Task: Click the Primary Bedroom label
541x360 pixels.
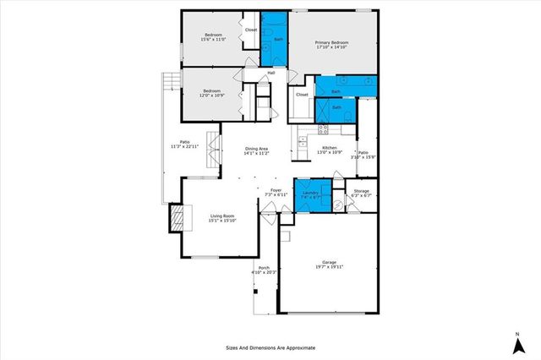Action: click(x=332, y=42)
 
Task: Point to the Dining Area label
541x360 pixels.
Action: click(x=256, y=149)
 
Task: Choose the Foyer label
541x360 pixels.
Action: click(x=276, y=190)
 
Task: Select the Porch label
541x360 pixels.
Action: click(x=265, y=269)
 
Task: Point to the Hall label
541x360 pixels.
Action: click(x=271, y=73)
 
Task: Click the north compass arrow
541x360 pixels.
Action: click(x=516, y=342)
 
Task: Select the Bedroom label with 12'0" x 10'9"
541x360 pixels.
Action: click(x=211, y=90)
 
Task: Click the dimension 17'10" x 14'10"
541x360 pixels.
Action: click(x=332, y=47)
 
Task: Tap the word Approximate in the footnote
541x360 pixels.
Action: click(x=298, y=347)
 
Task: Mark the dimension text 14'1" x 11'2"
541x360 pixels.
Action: click(x=256, y=154)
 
